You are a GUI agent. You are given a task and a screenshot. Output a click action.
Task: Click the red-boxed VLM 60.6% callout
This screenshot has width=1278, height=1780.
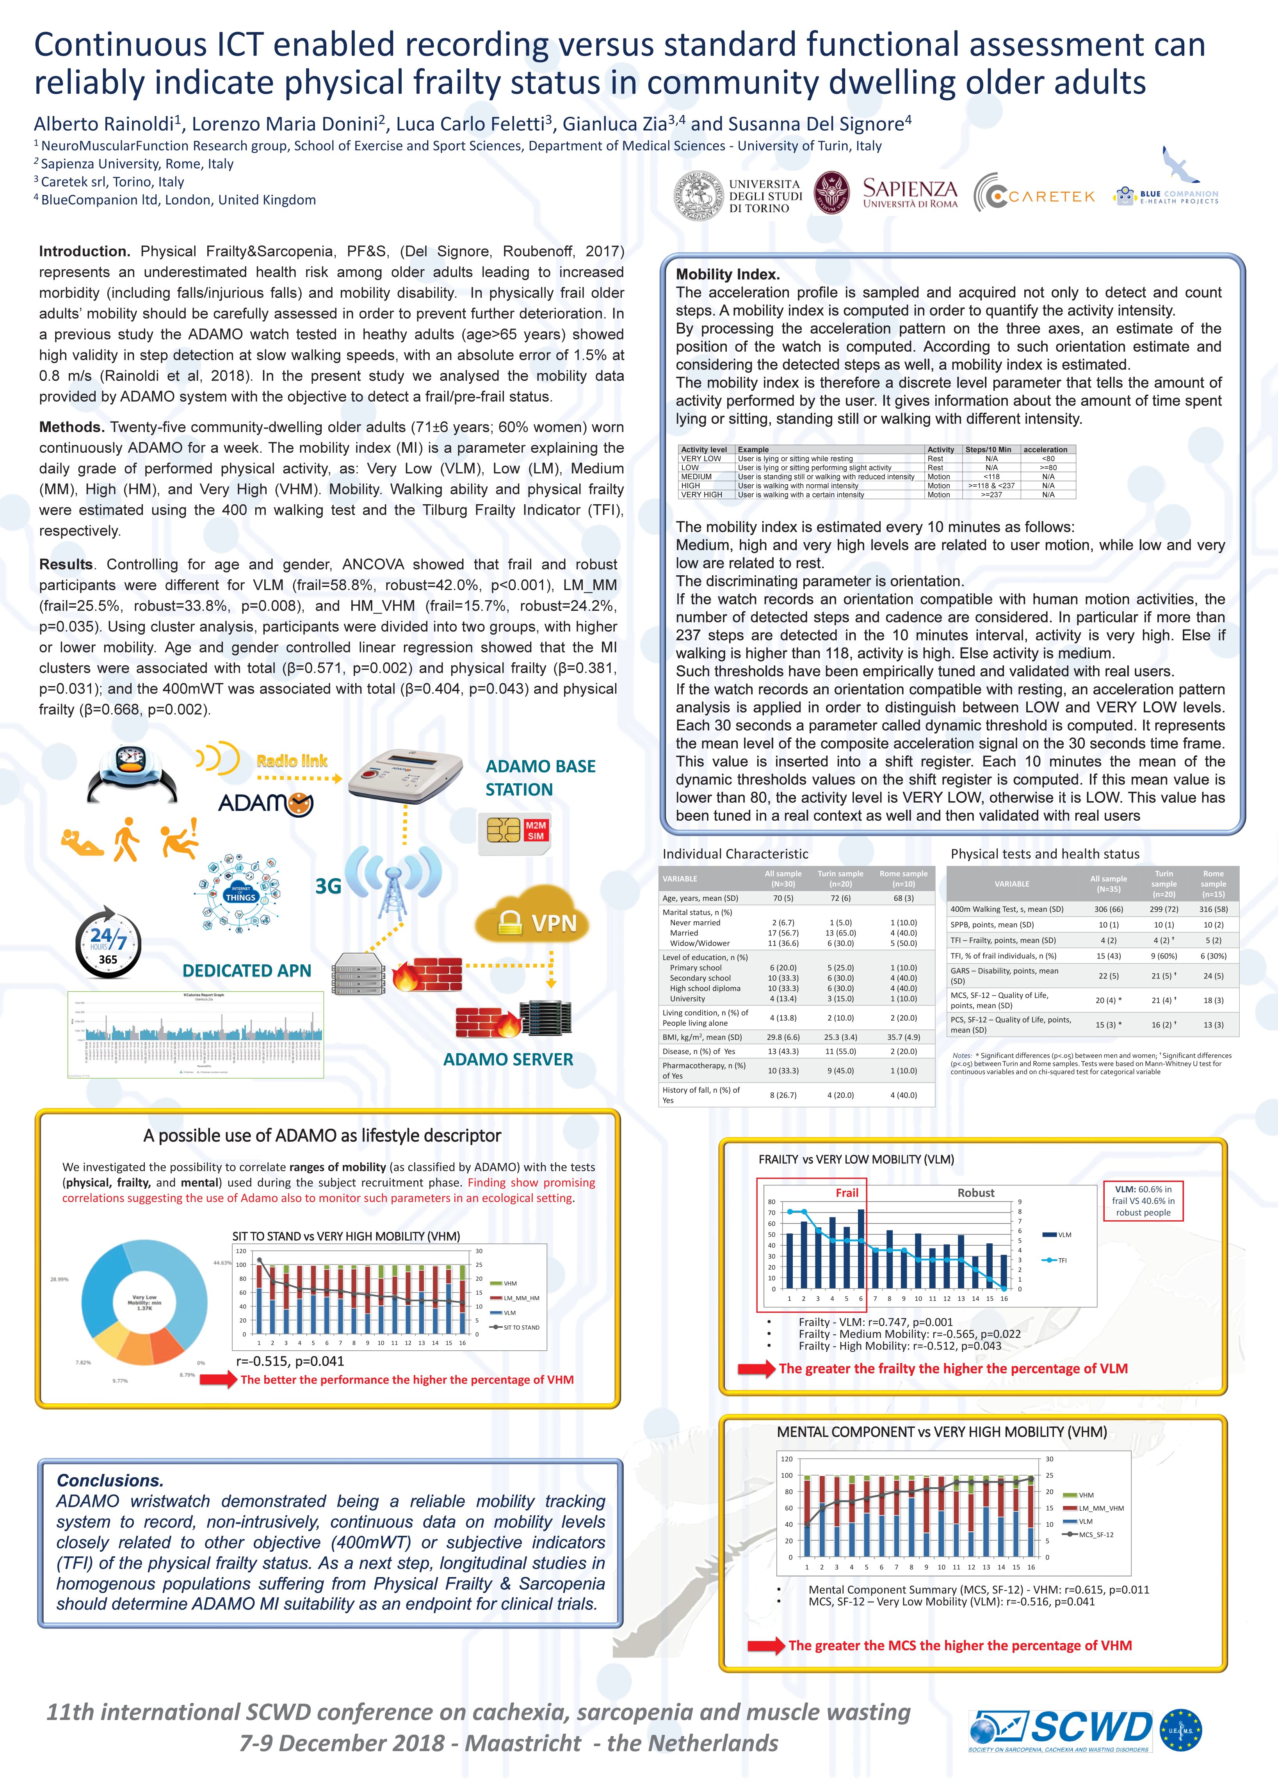[x=1143, y=1201]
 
